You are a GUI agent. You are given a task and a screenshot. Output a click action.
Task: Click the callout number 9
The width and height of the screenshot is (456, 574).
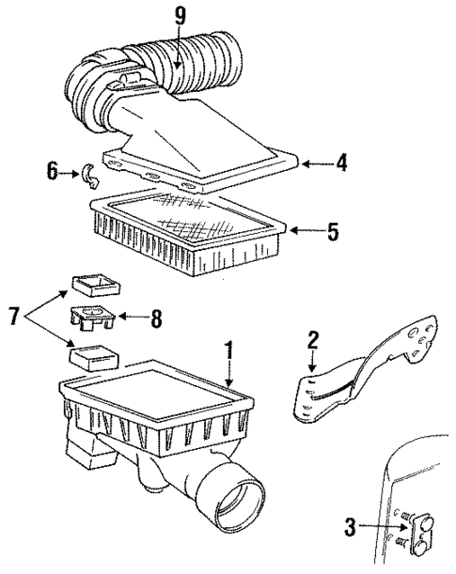(179, 16)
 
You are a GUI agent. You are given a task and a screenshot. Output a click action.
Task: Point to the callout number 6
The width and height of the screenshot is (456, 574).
(53, 172)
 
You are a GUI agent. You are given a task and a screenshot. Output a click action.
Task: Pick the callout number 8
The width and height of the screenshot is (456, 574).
(156, 318)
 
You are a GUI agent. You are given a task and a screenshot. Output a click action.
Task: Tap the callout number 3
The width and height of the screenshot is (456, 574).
(351, 529)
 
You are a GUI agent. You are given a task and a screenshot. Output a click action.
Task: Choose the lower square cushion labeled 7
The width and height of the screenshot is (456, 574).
(92, 357)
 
